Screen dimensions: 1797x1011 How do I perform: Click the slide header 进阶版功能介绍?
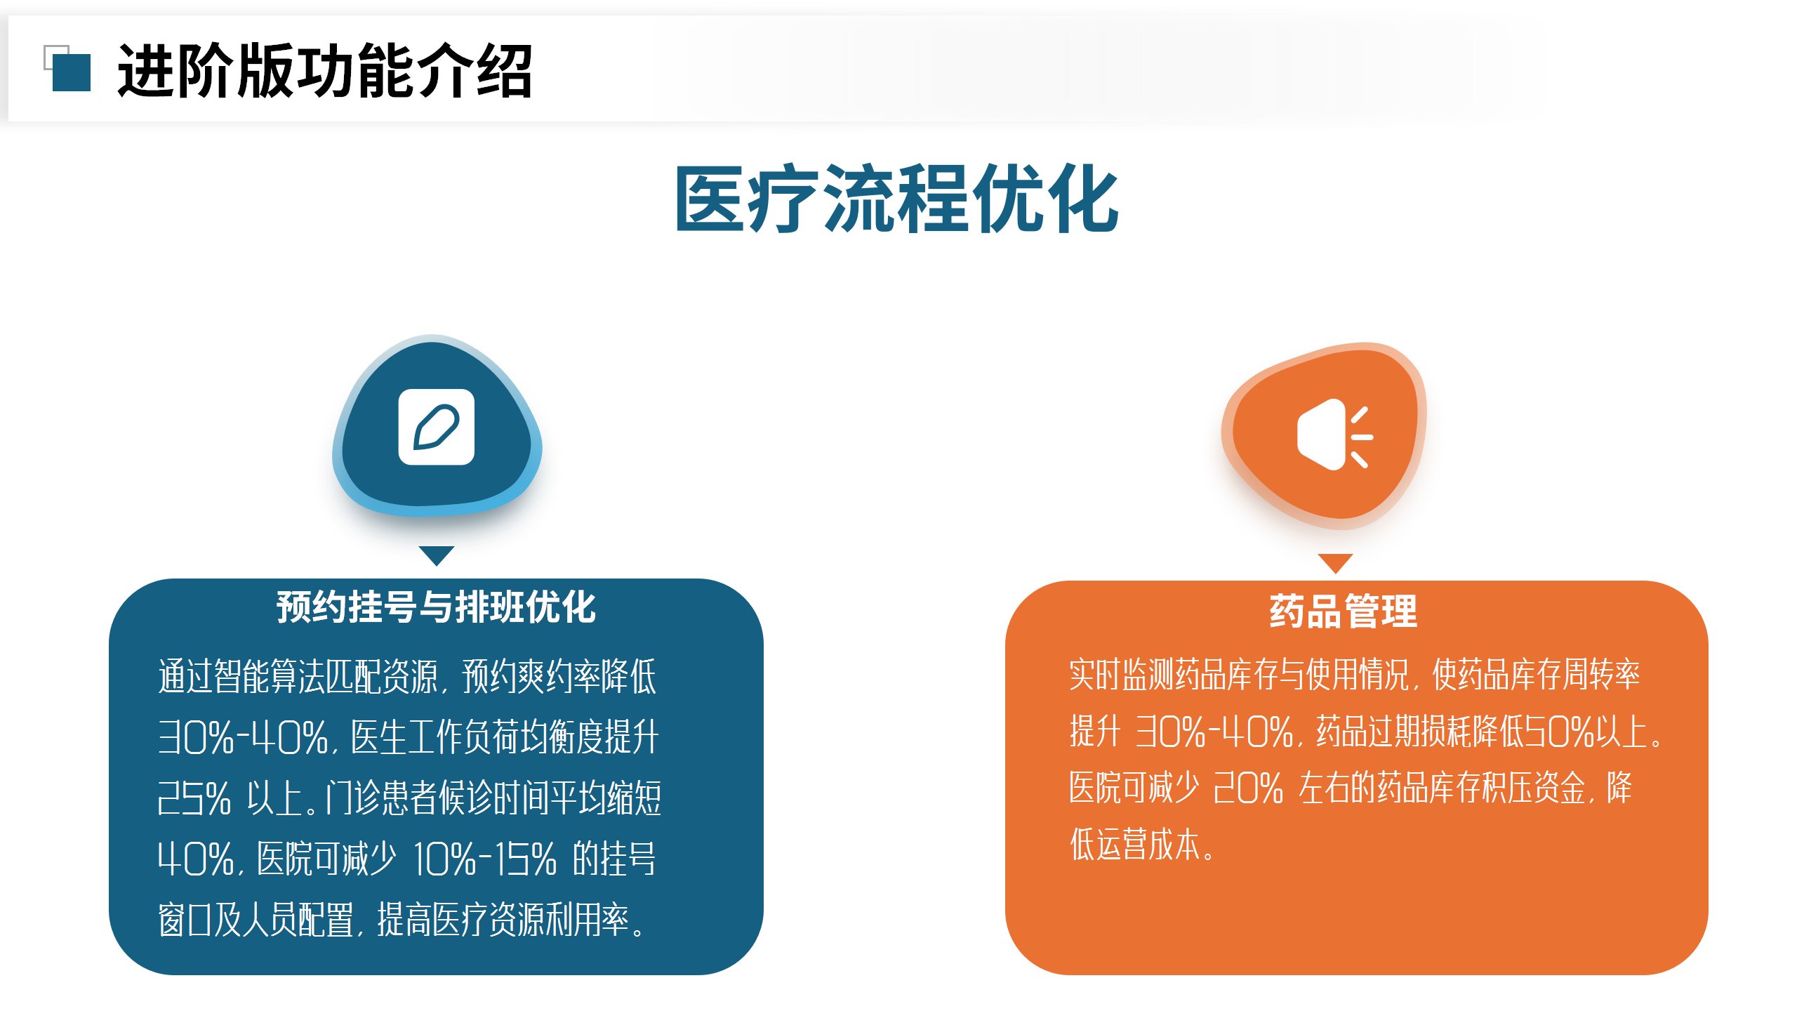point(324,70)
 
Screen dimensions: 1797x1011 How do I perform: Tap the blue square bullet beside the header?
point(72,72)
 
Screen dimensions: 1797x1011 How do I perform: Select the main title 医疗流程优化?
point(897,199)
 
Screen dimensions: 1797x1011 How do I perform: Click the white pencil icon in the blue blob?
point(436,427)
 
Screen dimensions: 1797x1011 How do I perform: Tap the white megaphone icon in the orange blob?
point(1334,435)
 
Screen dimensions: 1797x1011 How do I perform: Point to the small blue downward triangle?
point(436,555)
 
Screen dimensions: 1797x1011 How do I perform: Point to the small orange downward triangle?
point(1335,562)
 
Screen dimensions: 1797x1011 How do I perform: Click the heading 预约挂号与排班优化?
point(436,607)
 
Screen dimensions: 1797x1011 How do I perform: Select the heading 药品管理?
point(1344,611)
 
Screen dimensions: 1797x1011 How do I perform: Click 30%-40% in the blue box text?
point(243,737)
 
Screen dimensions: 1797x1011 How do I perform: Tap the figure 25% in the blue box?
point(194,798)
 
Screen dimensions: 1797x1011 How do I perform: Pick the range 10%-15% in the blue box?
point(485,859)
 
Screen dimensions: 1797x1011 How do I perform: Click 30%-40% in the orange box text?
point(1214,732)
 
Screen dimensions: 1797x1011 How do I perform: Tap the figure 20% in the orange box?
point(1248,788)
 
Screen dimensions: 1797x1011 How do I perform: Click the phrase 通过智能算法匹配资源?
point(298,676)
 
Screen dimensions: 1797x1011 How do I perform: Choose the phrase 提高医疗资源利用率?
point(503,919)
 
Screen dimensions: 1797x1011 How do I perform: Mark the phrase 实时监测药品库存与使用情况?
point(1239,675)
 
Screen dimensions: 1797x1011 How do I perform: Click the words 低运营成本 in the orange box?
point(1134,844)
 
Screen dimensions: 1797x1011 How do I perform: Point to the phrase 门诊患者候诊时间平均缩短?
point(493,798)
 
